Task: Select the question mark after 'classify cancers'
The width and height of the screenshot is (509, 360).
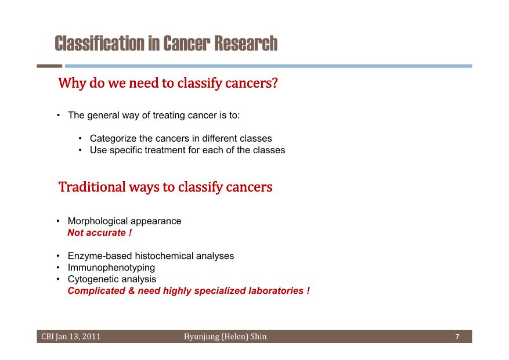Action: [275, 82]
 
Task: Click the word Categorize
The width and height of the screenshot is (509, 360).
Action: [113, 139]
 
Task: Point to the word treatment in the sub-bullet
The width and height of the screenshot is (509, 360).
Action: [165, 150]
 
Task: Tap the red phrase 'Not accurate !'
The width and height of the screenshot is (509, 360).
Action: [100, 232]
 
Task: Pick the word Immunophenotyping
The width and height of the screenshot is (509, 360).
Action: [111, 268]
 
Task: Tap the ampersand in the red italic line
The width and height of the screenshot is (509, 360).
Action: [132, 290]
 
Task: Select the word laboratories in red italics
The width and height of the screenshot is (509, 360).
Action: [276, 290]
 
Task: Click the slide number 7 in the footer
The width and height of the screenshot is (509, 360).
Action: [457, 337]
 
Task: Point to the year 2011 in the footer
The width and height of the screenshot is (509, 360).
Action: [91, 337]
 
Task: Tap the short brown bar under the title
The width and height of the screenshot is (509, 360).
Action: [49, 66]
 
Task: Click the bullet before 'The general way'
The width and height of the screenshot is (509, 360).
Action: [58, 115]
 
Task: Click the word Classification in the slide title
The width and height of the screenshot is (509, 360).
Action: [100, 44]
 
